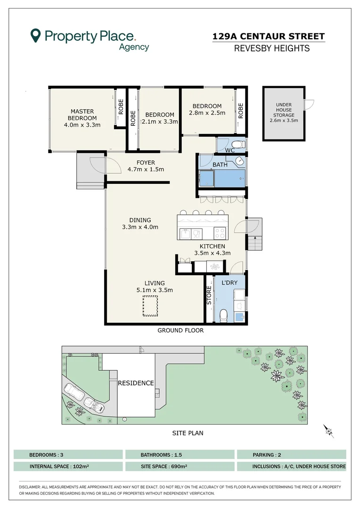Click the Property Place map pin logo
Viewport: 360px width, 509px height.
click(x=35, y=35)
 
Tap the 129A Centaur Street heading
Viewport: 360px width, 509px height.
click(x=269, y=36)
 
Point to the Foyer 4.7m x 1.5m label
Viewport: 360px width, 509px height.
click(x=146, y=166)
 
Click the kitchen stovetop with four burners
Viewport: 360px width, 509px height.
click(x=220, y=233)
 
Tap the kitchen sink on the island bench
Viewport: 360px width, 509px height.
click(x=186, y=234)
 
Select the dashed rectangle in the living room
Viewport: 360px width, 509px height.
click(x=150, y=306)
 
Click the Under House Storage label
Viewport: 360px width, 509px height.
click(x=284, y=112)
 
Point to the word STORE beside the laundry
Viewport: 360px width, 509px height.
click(x=209, y=295)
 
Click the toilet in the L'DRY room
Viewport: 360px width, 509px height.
click(x=224, y=315)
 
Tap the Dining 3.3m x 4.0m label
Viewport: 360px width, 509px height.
click(x=140, y=224)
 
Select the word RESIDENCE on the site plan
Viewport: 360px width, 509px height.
click(x=136, y=383)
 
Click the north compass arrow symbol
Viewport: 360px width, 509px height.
click(x=329, y=431)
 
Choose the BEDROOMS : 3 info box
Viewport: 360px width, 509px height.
click(x=68, y=454)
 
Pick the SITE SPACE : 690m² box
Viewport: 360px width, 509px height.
click(x=180, y=467)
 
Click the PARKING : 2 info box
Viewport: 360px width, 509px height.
click(x=292, y=454)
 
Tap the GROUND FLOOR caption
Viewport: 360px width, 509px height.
click(x=180, y=330)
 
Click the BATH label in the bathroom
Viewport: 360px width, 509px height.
click(x=220, y=164)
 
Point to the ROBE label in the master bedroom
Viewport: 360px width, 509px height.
click(x=121, y=107)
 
